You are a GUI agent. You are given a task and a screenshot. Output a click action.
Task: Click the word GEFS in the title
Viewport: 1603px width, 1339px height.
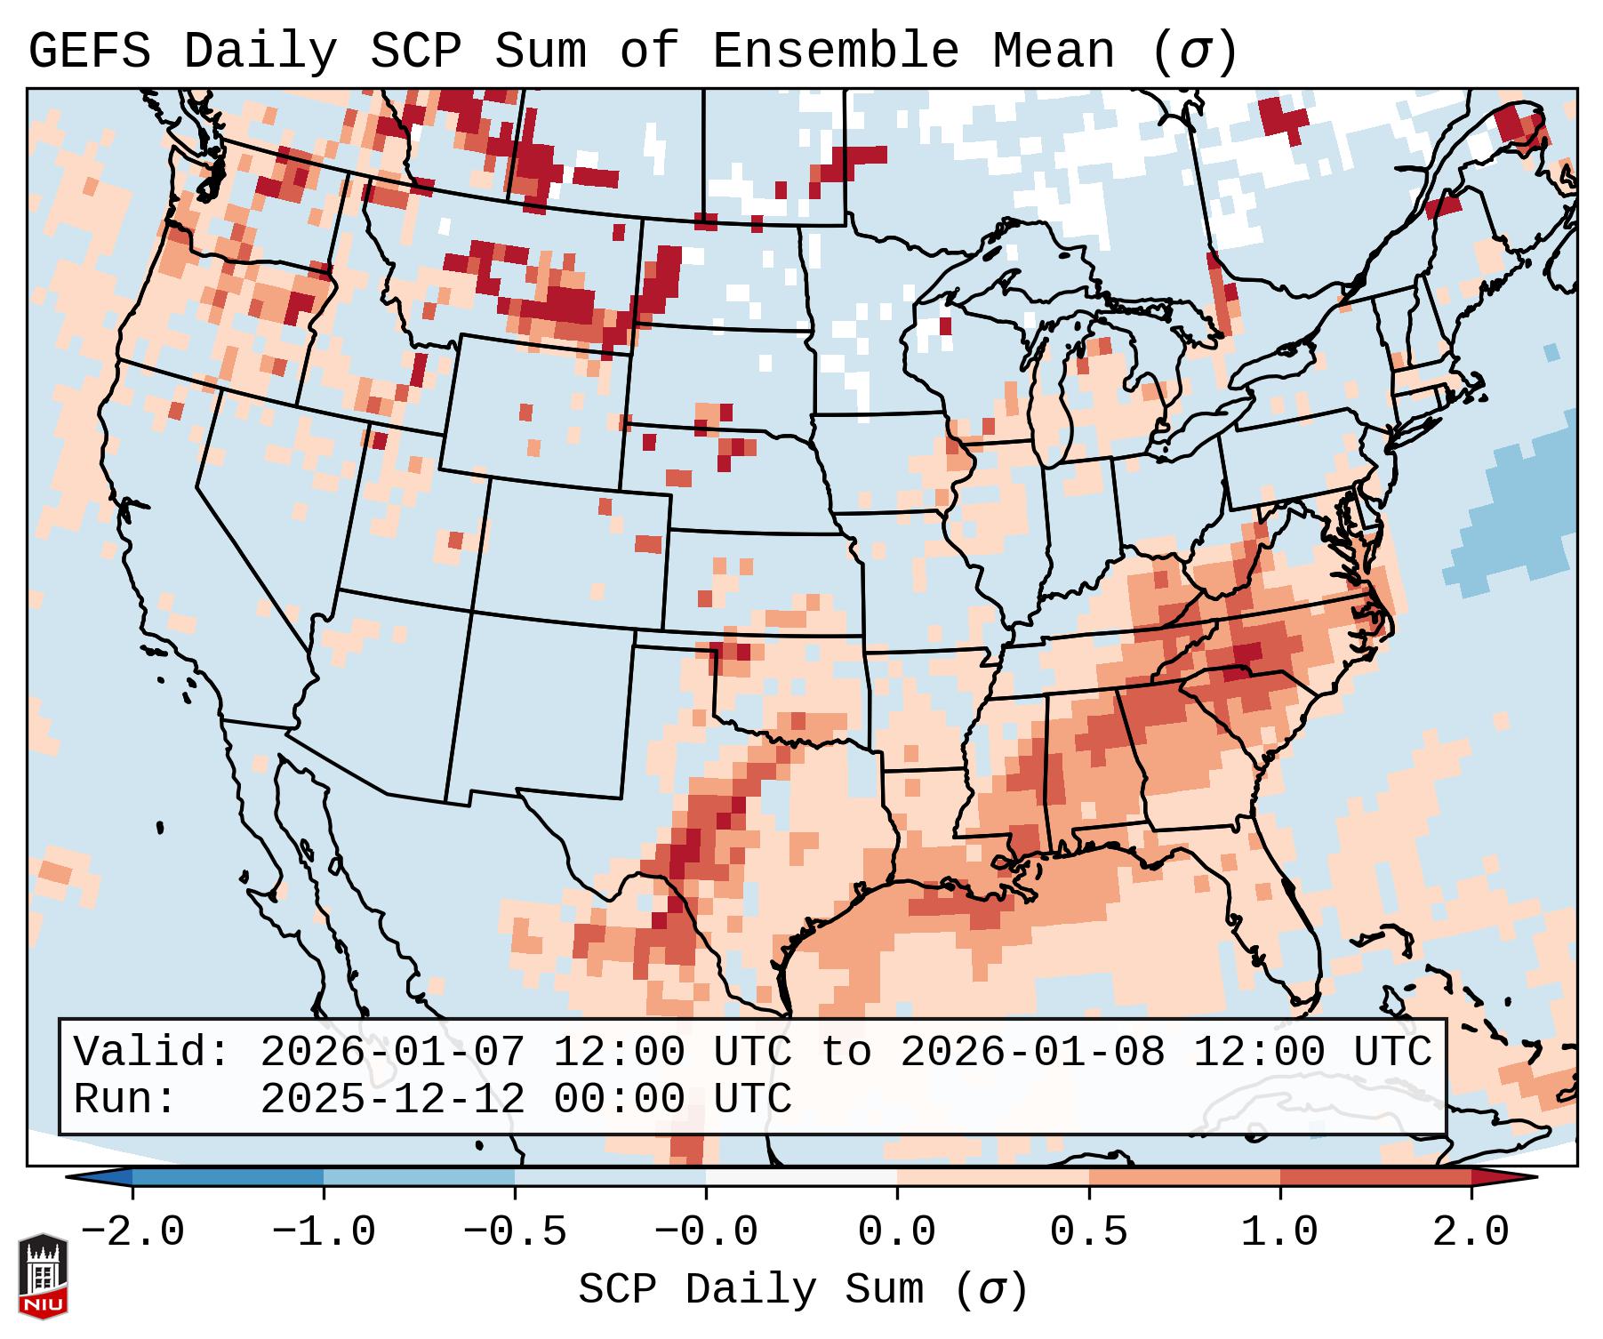click(x=90, y=51)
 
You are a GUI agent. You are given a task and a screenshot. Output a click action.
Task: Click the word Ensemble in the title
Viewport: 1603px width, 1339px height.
click(x=836, y=51)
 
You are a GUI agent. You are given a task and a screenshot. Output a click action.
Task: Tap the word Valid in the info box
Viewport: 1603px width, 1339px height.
click(x=151, y=1052)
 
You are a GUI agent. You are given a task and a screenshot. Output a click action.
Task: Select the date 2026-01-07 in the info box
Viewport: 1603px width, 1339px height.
click(x=392, y=1052)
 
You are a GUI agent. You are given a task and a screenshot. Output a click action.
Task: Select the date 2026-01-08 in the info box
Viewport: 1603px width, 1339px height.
click(x=1032, y=1052)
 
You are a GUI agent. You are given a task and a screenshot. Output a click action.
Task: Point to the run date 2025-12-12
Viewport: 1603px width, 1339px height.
click(x=392, y=1099)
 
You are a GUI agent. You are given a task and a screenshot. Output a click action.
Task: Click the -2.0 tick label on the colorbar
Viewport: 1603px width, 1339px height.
click(x=132, y=1232)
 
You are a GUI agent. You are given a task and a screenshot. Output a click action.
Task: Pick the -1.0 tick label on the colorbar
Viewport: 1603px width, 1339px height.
click(x=324, y=1232)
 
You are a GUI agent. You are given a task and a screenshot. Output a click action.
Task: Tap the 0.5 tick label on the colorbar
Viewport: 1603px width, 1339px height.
click(x=1089, y=1232)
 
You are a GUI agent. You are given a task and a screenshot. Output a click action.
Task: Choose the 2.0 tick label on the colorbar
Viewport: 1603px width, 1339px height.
click(x=1471, y=1232)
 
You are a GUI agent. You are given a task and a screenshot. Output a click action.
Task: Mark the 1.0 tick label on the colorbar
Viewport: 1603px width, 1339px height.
click(x=1280, y=1232)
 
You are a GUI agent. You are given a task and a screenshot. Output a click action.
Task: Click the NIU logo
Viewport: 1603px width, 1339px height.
click(x=43, y=1276)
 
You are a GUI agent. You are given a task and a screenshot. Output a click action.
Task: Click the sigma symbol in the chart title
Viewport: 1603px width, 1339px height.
click(x=1194, y=51)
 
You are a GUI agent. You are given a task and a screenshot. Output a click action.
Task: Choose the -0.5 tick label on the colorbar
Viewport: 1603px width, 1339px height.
click(x=515, y=1232)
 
